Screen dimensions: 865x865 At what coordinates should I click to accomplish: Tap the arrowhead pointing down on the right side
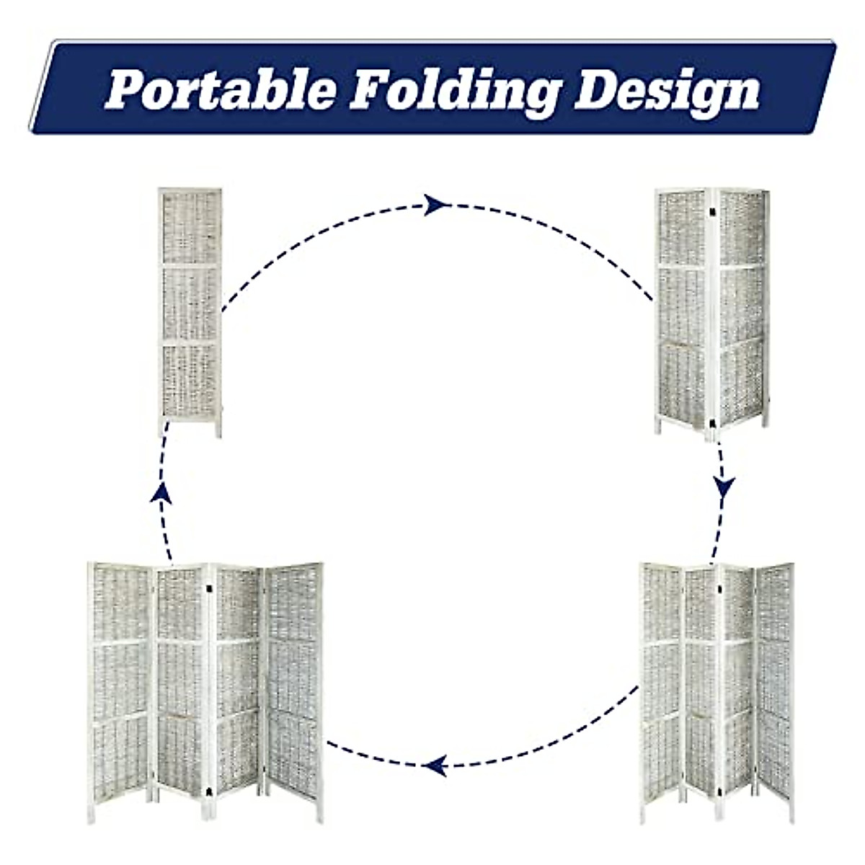pyautogui.click(x=724, y=487)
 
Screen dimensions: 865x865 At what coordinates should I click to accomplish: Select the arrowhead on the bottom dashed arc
pyautogui.click(x=434, y=765)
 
